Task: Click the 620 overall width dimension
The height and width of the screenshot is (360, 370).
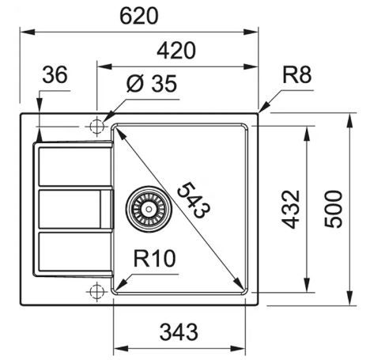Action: point(139,16)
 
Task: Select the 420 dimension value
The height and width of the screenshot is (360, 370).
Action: point(176,50)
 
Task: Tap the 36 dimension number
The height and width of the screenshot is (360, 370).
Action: point(55,74)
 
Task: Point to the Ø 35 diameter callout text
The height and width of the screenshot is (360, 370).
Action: point(152,84)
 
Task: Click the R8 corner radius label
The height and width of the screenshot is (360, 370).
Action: point(296,74)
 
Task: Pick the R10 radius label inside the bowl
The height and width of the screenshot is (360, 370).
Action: point(154,258)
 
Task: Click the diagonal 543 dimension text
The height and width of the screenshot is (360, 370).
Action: point(194,200)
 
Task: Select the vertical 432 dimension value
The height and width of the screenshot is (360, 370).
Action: point(291,209)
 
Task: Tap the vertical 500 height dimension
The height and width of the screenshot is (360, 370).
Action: point(333,209)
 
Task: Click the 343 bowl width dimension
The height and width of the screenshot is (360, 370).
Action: point(179,332)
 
